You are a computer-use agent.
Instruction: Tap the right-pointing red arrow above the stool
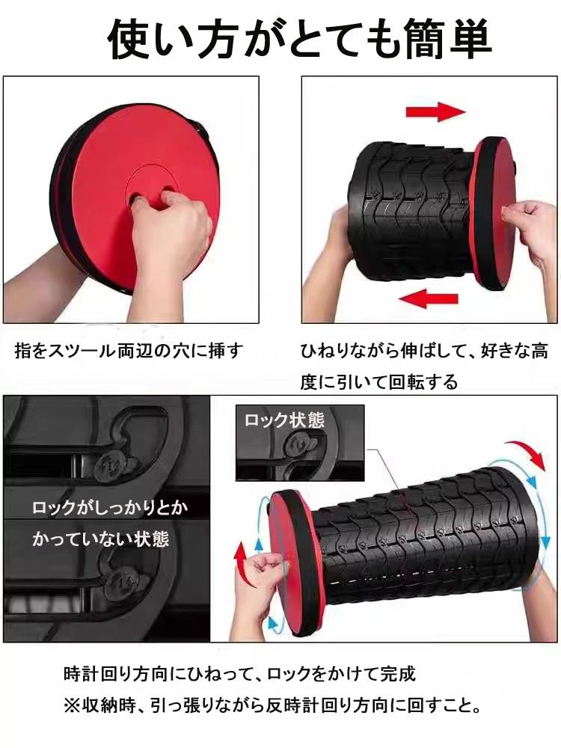tap(435, 112)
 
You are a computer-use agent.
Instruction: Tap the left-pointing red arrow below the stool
tap(429, 298)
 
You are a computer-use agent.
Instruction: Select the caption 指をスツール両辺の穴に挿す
tap(129, 351)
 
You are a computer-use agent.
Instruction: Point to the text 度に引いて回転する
tap(378, 381)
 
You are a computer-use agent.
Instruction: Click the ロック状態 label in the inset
tap(284, 420)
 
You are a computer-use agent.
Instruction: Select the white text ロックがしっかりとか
tap(110, 507)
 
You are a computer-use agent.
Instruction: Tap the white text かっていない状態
tap(101, 539)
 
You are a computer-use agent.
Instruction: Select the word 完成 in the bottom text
tap(399, 674)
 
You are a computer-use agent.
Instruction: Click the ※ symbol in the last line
tap(72, 705)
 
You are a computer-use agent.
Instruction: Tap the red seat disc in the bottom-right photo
tap(293, 563)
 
